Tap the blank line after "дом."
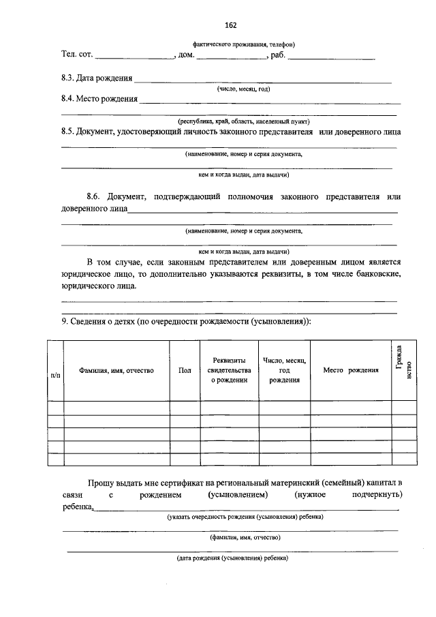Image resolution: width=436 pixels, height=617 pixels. (x=231, y=59)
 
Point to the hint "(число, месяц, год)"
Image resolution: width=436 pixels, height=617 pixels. (x=244, y=89)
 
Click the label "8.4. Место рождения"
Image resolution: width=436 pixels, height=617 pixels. (x=99, y=99)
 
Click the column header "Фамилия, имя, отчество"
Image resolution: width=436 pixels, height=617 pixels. (x=116, y=370)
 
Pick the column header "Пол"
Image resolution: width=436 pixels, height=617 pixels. (x=185, y=370)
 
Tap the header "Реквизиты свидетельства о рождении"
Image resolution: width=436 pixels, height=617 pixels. (x=229, y=370)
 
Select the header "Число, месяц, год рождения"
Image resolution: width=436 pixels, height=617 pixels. (x=284, y=370)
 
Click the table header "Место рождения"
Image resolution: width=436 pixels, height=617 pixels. (x=350, y=370)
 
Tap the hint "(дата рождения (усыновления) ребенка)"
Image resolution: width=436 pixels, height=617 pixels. (x=232, y=558)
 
